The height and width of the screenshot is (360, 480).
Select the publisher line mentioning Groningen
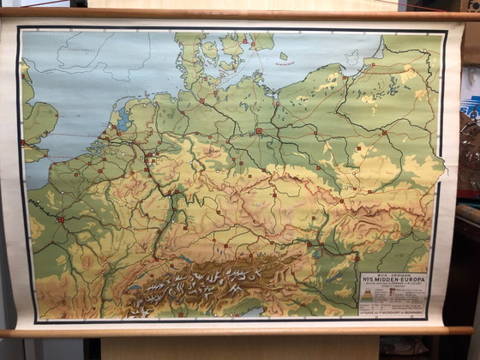click(x=392, y=315)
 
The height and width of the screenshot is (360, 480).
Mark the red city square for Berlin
click(x=258, y=131)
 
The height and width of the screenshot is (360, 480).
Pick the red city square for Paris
click(x=60, y=219)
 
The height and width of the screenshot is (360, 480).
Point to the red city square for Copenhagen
click(x=244, y=41)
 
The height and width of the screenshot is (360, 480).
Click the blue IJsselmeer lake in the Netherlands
click(x=120, y=124)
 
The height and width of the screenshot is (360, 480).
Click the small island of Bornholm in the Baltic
click(x=284, y=57)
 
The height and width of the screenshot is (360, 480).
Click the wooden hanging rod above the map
click(x=240, y=14)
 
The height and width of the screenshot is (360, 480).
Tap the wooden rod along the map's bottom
click(x=240, y=331)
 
